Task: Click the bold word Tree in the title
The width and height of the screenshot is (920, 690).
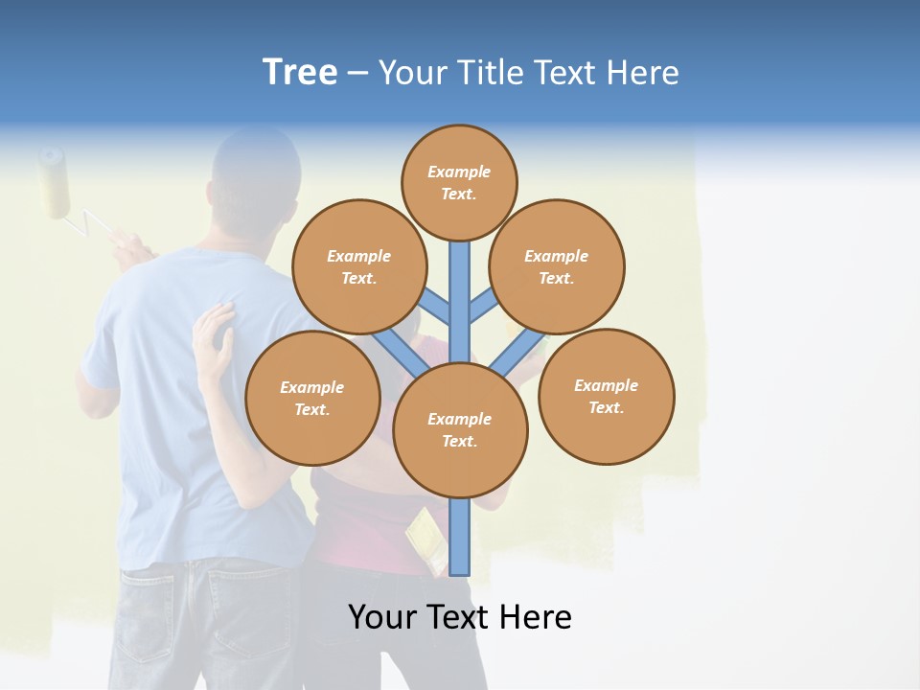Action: (x=300, y=72)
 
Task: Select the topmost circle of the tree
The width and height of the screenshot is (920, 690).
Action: (x=459, y=182)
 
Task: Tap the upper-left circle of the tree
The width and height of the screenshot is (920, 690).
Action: (x=359, y=266)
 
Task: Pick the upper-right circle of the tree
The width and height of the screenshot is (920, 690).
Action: (x=557, y=266)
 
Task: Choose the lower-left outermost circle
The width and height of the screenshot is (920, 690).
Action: (x=312, y=398)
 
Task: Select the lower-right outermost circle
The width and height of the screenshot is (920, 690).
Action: (x=607, y=396)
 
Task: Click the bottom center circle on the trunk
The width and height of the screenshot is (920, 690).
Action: (x=460, y=429)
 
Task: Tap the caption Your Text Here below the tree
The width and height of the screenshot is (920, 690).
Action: (x=460, y=617)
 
